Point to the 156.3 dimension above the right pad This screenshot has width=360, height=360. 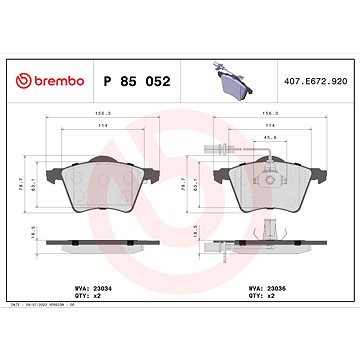click(x=268, y=113)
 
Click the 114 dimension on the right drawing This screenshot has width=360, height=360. click(x=268, y=124)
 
